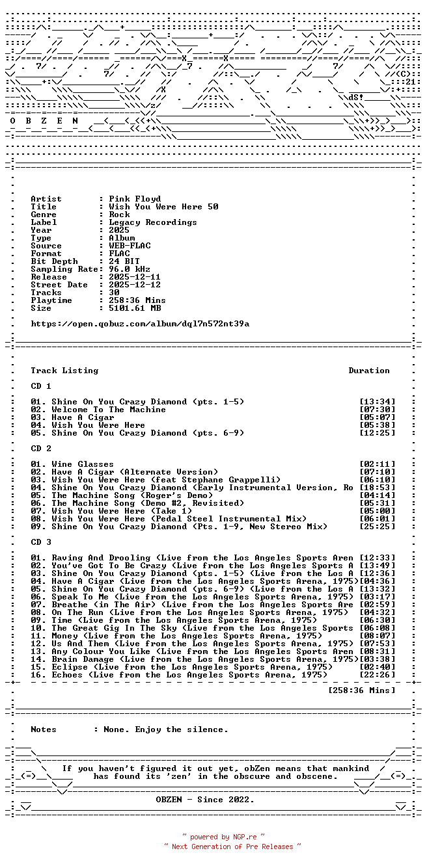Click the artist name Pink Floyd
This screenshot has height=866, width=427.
pos(135,199)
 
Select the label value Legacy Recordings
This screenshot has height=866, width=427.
pos(153,222)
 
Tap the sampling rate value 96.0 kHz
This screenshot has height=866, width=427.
pos(130,269)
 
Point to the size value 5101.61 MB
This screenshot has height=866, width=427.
pos(135,308)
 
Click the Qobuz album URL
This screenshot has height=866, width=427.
pos(140,324)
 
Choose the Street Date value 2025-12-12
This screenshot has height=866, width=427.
pos(135,285)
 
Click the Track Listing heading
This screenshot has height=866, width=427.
pos(64,371)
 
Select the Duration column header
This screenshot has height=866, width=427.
pos(369,371)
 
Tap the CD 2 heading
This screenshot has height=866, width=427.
pos(41,449)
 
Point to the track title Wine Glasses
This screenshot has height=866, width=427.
pos(83,464)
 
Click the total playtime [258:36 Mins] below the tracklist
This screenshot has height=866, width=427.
pos(362,690)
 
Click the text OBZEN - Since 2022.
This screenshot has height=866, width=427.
pos(205,800)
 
